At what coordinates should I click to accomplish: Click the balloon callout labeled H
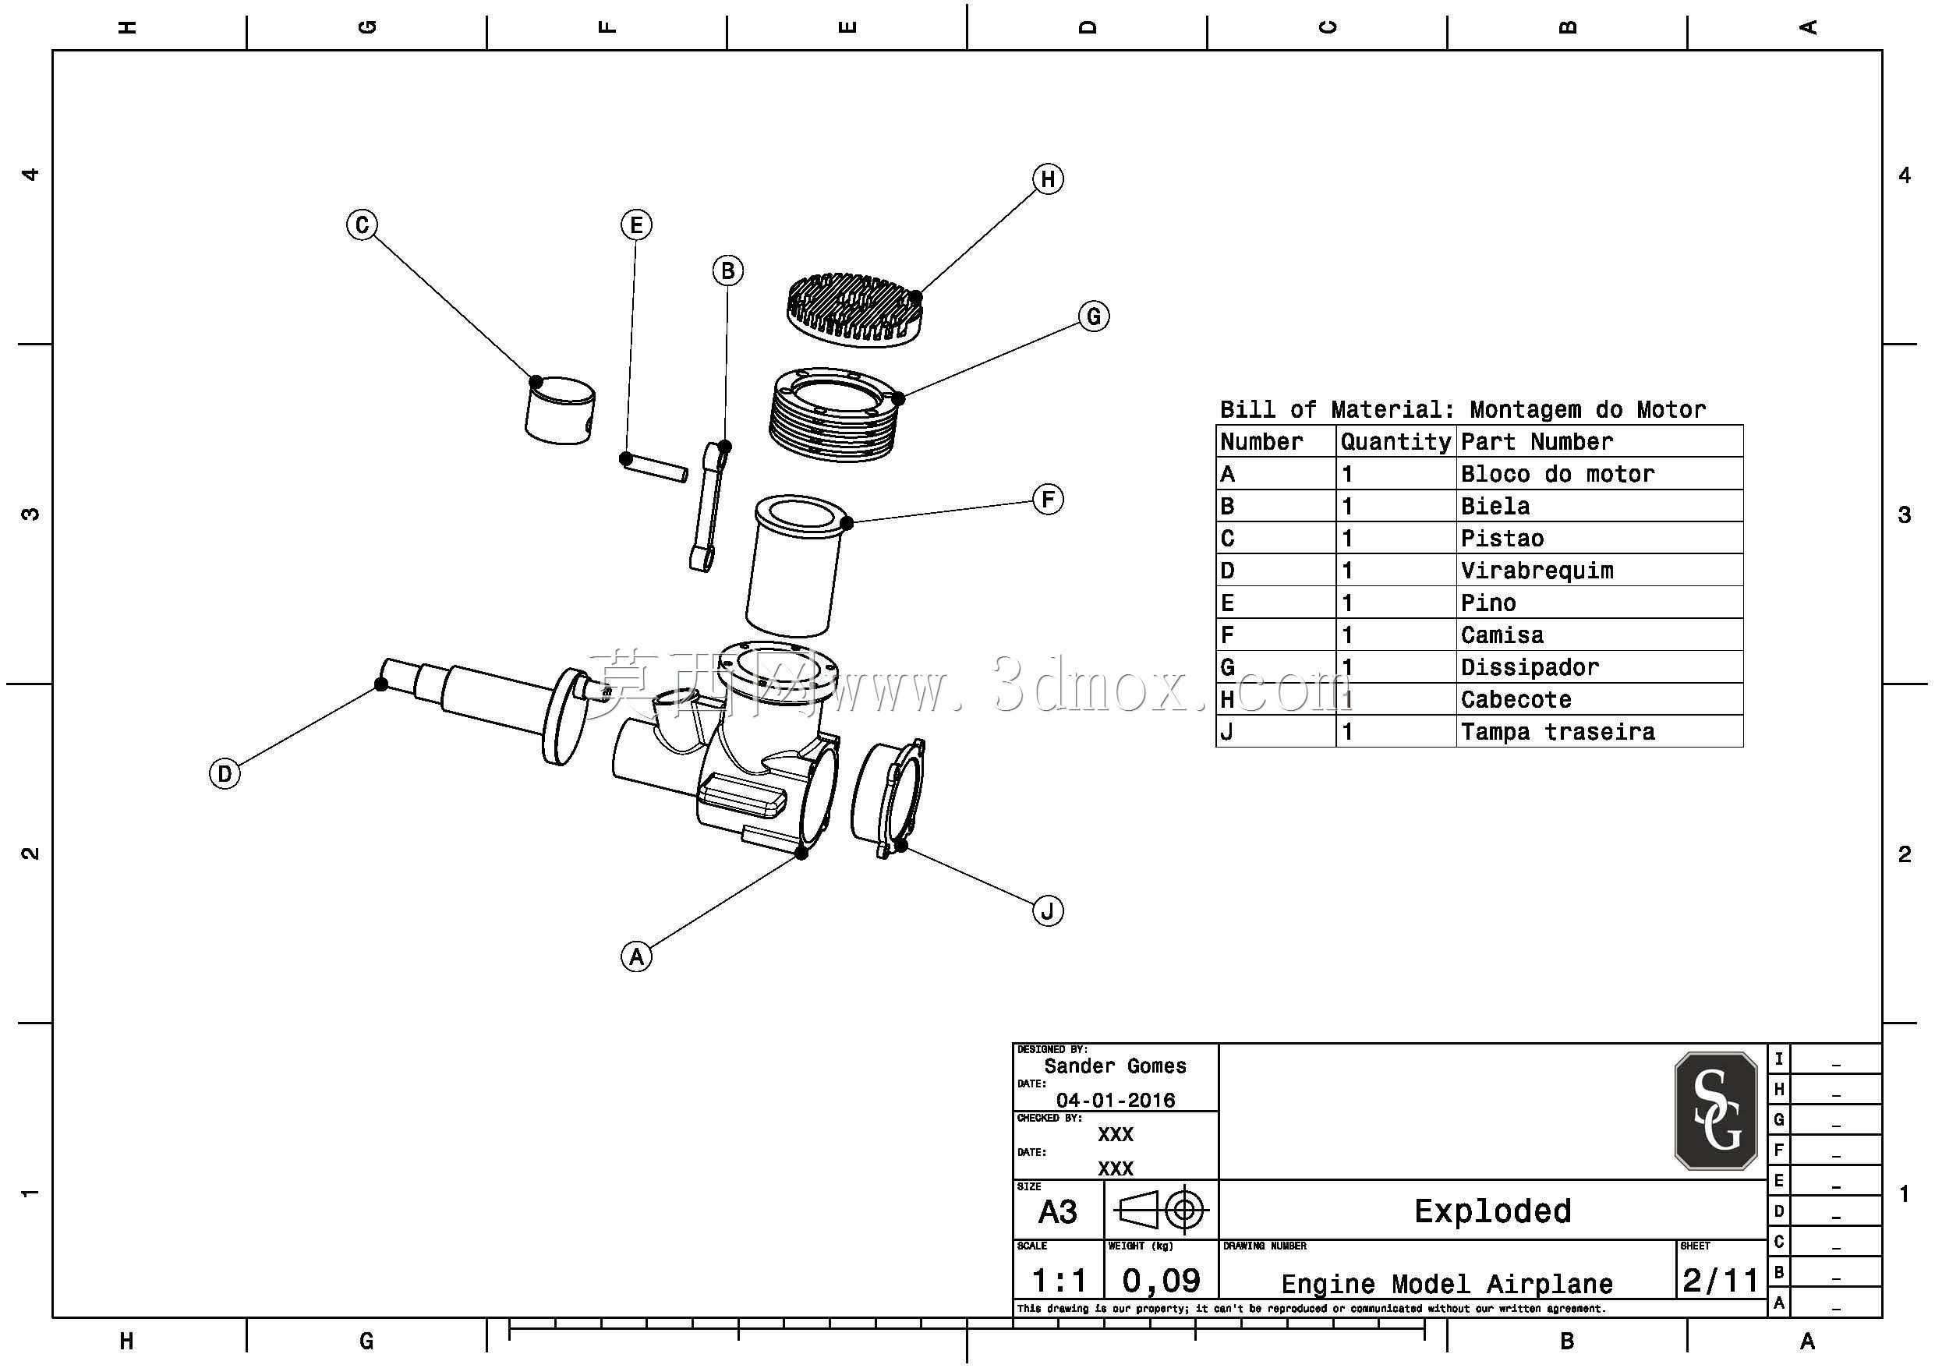click(1048, 179)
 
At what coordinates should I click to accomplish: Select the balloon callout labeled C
click(363, 225)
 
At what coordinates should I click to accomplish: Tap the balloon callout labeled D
click(225, 774)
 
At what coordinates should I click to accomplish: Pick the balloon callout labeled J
click(1048, 911)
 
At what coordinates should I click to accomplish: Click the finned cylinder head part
click(854, 309)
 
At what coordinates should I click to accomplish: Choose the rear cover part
click(887, 798)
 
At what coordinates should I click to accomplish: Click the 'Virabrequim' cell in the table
click(1537, 571)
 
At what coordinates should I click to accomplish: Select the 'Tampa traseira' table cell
click(1558, 732)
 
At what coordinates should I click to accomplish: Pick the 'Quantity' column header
click(1396, 442)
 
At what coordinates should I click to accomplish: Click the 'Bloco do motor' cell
click(1558, 474)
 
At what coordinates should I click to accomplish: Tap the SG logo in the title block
click(1716, 1111)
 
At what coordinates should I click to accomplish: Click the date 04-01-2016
click(1116, 1100)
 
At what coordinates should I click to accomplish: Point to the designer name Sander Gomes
click(1115, 1066)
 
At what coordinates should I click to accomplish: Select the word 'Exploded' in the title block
click(1492, 1211)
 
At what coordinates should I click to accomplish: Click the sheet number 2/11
click(1720, 1281)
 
